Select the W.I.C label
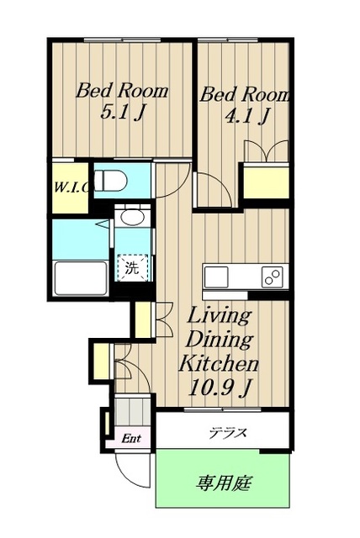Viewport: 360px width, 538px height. (69, 186)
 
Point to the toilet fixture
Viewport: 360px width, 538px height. (110, 181)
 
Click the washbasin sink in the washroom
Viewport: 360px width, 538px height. (131, 218)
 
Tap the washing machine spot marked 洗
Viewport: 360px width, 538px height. (131, 269)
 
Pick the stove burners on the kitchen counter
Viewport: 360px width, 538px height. (272, 277)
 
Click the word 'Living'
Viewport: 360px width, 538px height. (218, 317)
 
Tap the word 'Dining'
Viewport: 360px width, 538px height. (218, 340)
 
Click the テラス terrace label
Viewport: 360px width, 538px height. (227, 434)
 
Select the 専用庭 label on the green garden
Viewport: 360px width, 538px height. (225, 483)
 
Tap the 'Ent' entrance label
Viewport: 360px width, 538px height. (130, 438)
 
